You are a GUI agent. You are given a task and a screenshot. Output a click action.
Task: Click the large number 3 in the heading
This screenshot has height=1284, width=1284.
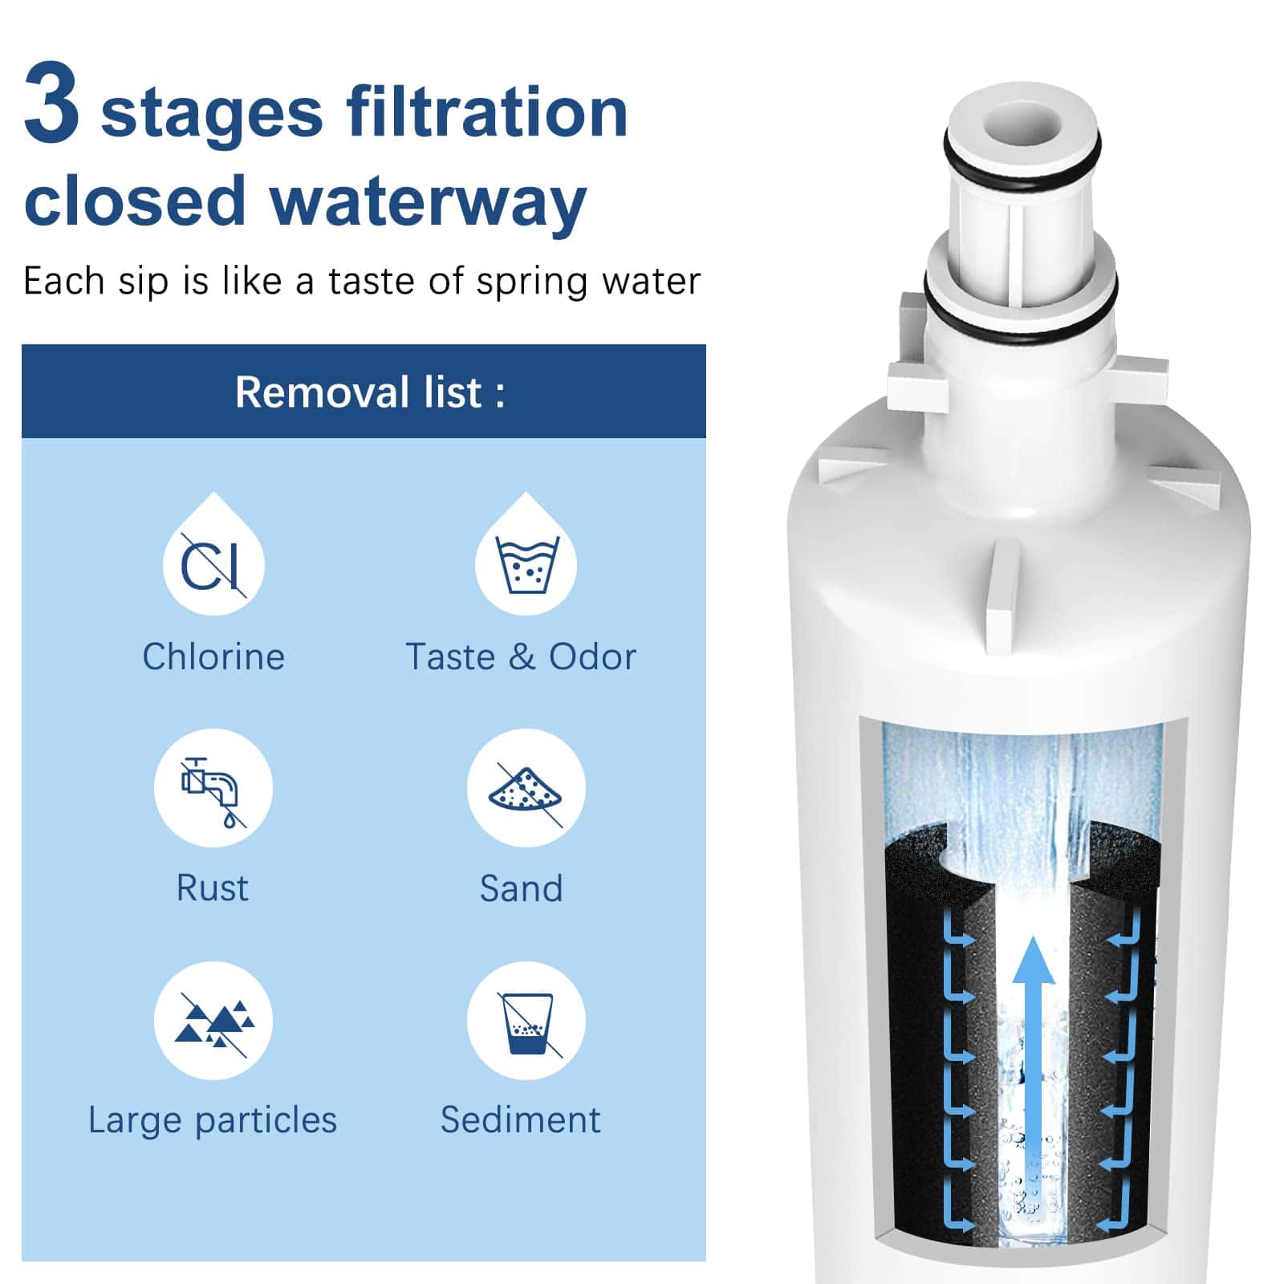tap(52, 104)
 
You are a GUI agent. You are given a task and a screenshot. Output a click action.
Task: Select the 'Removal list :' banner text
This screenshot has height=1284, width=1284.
tap(370, 392)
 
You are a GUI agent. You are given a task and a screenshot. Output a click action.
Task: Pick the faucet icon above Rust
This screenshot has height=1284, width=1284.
tap(213, 791)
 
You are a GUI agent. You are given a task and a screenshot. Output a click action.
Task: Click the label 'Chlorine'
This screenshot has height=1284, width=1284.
tap(213, 656)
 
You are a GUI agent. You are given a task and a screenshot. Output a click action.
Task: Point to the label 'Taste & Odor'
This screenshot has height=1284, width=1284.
tap(521, 656)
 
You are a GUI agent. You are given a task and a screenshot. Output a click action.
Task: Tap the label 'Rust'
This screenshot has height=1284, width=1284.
tap(213, 888)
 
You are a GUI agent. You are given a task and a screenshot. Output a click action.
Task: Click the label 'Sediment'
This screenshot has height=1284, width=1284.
tap(520, 1119)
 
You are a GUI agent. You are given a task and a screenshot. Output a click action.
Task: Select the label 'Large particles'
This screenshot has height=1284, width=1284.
tap(213, 1120)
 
